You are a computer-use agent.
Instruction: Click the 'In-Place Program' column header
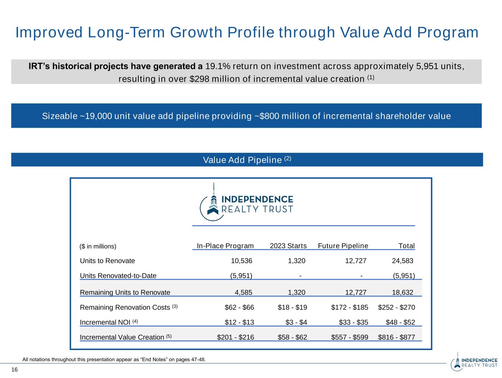pos(225,246)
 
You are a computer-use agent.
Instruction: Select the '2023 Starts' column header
pos(288,246)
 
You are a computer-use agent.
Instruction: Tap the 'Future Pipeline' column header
pos(343,246)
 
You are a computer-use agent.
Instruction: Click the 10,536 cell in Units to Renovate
pos(241,261)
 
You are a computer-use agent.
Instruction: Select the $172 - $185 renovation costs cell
pos(349,307)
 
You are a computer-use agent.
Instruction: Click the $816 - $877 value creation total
pos(396,337)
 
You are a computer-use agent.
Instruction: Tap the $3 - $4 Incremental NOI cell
pos(296,322)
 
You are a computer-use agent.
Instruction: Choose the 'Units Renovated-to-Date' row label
pos(118,276)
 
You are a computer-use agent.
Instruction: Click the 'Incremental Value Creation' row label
pos(122,337)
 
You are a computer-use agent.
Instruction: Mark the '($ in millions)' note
pos(98,246)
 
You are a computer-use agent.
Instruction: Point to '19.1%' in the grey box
pos(218,67)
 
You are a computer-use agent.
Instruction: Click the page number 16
pos(14,370)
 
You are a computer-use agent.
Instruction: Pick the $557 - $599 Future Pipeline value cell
pos(349,337)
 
